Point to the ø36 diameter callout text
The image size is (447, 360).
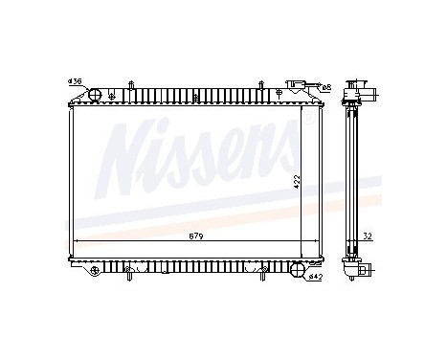tap(74, 80)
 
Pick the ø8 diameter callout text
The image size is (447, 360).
tap(325, 87)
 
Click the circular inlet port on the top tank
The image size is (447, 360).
tap(95, 94)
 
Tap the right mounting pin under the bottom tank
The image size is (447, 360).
tap(286, 272)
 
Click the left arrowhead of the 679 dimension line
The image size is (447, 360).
tap(76, 239)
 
